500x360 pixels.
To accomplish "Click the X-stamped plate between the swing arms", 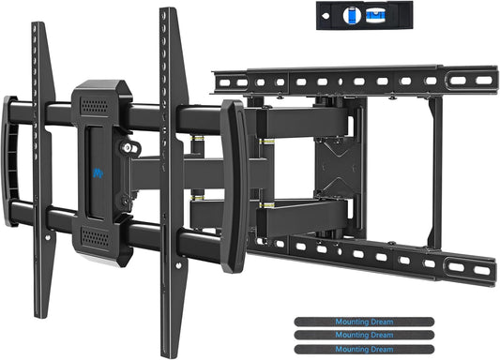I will (x=331, y=172).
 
